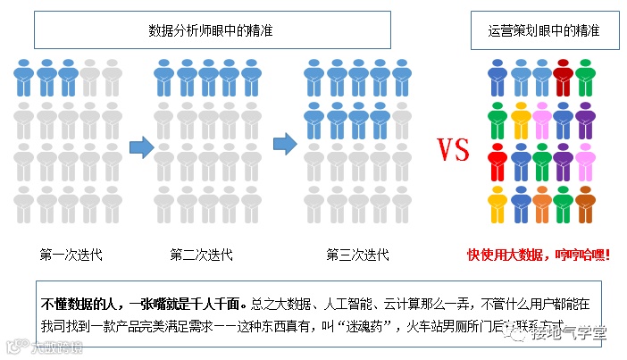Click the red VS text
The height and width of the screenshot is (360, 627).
tap(454, 149)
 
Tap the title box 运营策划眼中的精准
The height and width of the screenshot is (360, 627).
tap(543, 30)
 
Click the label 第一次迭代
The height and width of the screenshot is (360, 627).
tap(71, 255)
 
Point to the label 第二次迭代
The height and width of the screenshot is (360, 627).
tap(202, 255)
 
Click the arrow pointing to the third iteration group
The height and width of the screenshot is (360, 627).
tap(284, 141)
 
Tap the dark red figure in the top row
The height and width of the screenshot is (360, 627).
tap(564, 77)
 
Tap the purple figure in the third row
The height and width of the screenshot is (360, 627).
tap(564, 163)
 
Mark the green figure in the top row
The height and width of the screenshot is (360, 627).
tap(585, 77)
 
